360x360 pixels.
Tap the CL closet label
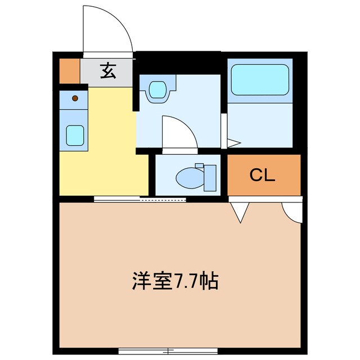click(262, 176)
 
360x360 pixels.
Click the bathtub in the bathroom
click(260, 80)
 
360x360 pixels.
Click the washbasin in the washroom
click(157, 90)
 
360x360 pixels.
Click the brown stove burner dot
click(75, 99)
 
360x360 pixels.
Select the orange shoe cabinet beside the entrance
click(70, 70)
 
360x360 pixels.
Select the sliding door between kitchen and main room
click(140, 198)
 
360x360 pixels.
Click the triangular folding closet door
click(240, 211)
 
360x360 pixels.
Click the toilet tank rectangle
click(209, 177)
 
